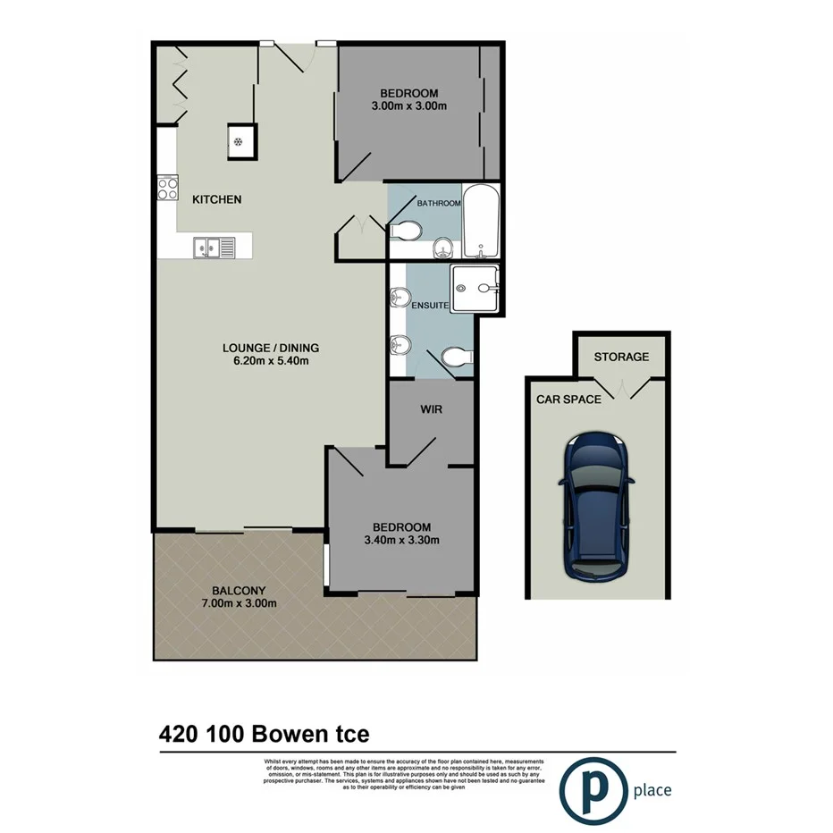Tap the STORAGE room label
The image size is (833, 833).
point(621,357)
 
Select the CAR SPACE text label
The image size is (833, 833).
point(568,400)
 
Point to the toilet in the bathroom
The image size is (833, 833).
point(405,231)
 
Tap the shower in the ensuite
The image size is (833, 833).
point(474,289)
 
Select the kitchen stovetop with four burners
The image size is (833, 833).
point(168,189)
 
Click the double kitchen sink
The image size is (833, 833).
point(215,246)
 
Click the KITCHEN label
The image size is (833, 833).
point(217,199)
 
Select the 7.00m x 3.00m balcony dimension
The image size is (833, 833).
point(238,603)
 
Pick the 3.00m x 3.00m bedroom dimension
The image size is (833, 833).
point(408,106)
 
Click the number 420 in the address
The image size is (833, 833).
point(179,735)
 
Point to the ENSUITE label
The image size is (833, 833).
point(430,306)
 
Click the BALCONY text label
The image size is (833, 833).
point(238,590)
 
